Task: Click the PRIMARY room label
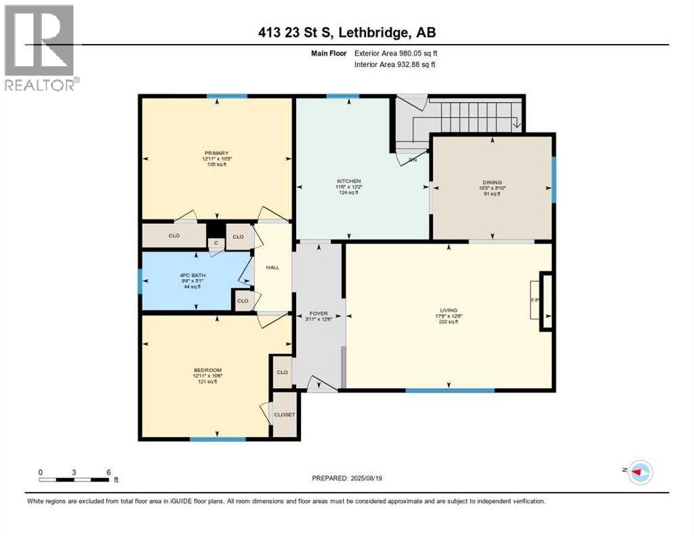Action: click(216, 153)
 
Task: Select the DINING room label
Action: click(493, 181)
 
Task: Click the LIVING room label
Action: click(448, 309)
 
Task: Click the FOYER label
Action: click(318, 313)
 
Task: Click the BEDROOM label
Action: click(207, 370)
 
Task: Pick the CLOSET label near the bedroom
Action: click(284, 415)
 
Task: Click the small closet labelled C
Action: click(216, 242)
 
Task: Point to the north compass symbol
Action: click(637, 472)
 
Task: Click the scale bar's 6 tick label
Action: click(108, 472)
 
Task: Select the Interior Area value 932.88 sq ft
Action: click(418, 65)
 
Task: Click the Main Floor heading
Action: click(330, 52)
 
